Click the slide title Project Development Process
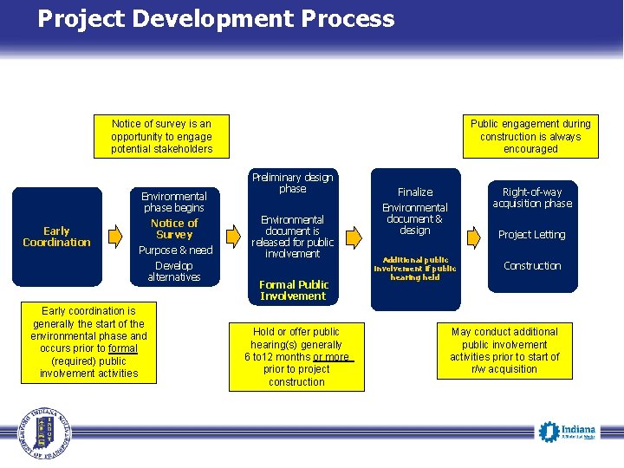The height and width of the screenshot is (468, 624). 216,19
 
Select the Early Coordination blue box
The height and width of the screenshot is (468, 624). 56,237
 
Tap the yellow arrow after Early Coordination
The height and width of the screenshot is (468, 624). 116,234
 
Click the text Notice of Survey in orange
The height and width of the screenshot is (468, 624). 174,229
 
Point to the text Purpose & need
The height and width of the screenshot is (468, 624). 176,250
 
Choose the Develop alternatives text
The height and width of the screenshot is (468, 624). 174,271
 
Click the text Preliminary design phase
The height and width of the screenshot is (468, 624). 292,183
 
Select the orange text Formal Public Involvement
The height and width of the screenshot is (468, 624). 293,290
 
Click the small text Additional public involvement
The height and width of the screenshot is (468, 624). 414,268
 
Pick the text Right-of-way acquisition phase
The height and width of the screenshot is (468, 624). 532,198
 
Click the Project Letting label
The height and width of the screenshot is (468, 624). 531,235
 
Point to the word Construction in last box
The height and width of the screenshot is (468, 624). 532,266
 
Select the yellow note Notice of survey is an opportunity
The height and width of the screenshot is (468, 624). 161,137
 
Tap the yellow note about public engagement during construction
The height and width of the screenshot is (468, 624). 530,137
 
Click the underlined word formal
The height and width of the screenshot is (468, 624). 123,348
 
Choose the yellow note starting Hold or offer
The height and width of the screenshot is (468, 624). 296,356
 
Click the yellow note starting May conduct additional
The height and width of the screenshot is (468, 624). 504,350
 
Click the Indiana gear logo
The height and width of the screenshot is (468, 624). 549,430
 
